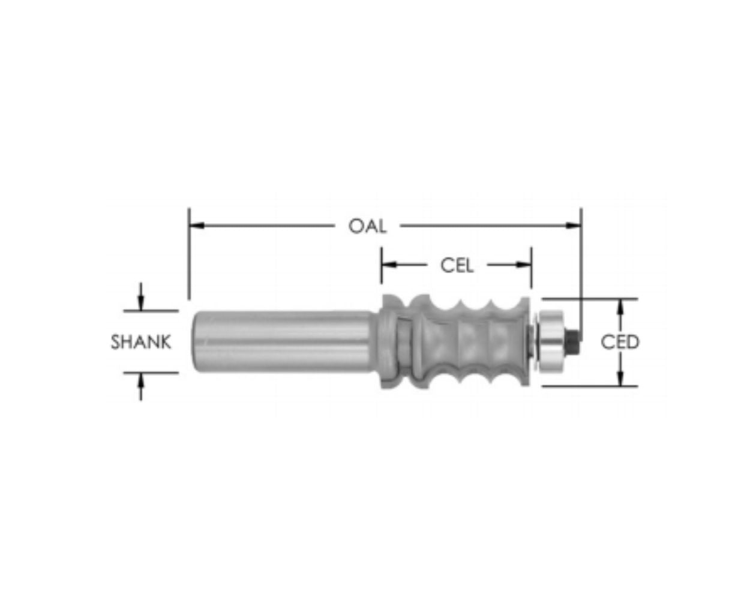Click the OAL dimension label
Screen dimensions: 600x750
point(367,226)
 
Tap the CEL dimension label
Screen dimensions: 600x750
point(457,265)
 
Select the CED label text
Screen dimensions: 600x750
point(620,342)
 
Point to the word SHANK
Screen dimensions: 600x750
point(141,342)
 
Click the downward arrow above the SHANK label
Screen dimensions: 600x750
point(141,305)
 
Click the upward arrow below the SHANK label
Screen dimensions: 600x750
point(141,379)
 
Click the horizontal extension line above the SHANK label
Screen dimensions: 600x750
point(151,311)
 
